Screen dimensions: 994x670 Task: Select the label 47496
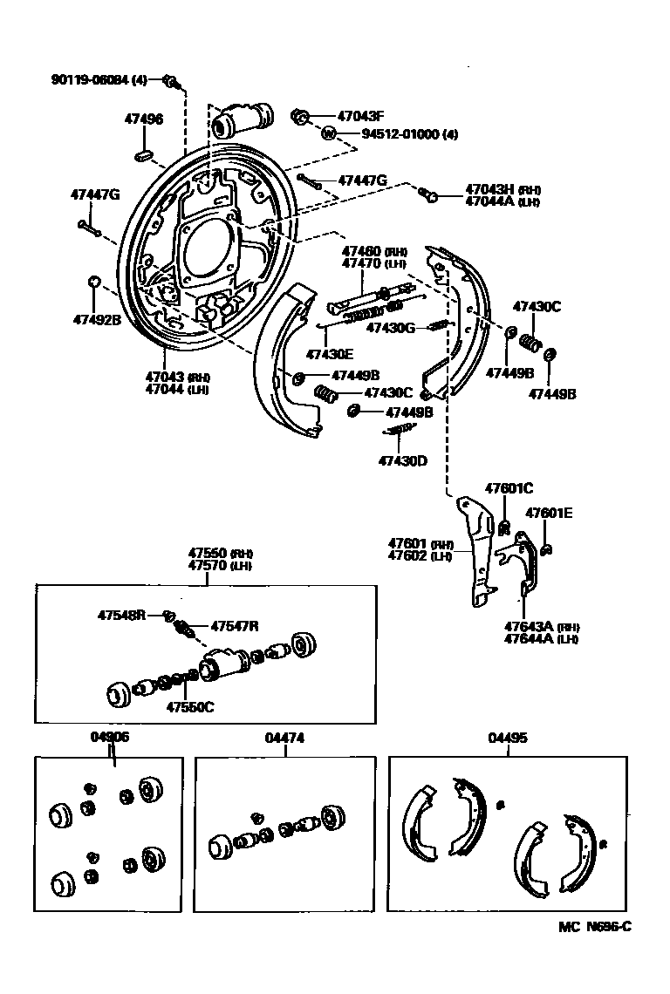tap(142, 119)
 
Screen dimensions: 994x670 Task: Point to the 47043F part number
tap(361, 115)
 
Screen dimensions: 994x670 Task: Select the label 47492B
tap(96, 319)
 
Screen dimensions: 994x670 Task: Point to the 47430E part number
tap(329, 354)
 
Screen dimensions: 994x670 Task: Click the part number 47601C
tap(509, 488)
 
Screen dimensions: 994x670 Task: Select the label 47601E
tap(549, 514)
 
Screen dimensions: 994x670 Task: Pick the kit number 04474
tap(284, 738)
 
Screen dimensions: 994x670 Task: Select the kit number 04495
tap(507, 738)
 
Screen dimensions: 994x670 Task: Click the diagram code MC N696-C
tap(595, 926)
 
